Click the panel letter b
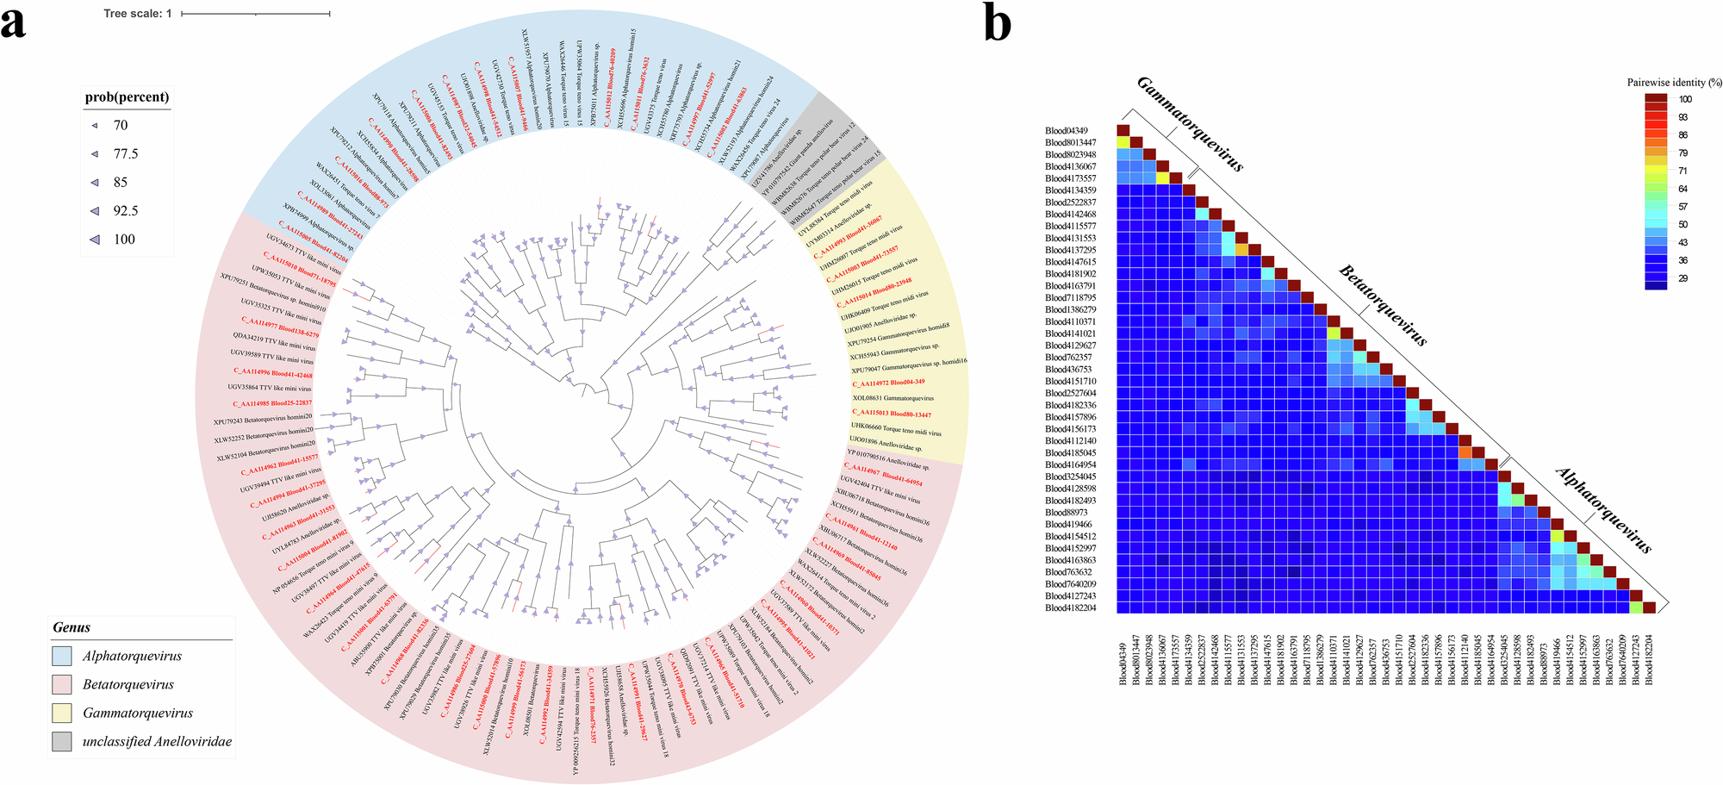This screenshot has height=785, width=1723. pos(998,24)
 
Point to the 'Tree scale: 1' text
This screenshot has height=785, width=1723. pos(138,14)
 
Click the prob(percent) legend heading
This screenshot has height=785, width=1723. pos(127,97)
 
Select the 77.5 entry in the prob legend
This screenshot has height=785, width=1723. pos(126,154)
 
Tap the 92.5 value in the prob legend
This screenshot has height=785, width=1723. pos(126,211)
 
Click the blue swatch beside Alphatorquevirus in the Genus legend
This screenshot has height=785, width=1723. pos(62,657)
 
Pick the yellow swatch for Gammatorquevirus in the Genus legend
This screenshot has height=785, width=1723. pos(62,713)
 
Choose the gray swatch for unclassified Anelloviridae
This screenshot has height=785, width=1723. pos(62,742)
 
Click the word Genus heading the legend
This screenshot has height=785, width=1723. pos(72,627)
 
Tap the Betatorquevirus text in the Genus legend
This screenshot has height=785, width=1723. pos(128,685)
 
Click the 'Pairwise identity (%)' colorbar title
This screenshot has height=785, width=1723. pos(1674,83)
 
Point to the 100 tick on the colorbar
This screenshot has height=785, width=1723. pos(1684,99)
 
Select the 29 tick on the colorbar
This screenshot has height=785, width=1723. pos(1683,278)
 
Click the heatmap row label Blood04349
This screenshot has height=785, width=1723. pos(1067,131)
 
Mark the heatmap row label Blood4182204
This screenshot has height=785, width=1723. pos(1071,608)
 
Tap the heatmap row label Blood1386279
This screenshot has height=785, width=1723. pos(1071,309)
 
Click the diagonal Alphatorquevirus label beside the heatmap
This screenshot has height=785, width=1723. pos(1603,511)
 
